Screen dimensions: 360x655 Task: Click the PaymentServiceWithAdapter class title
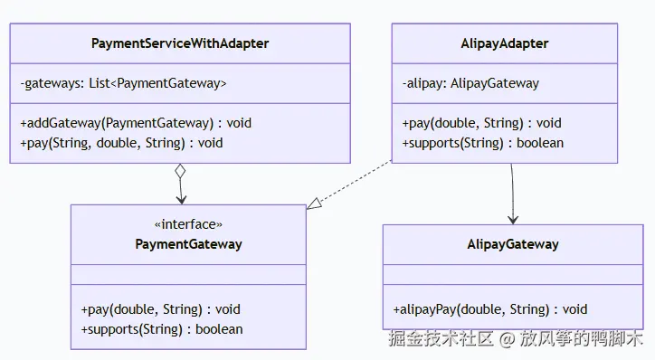tap(180, 43)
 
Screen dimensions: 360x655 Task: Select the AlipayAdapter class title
tap(504, 43)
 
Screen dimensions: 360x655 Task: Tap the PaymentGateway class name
tap(188, 244)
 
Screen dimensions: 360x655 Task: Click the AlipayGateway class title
tap(513, 244)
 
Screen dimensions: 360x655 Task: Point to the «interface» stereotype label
tap(188, 225)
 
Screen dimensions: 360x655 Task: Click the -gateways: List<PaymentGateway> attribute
tap(123, 83)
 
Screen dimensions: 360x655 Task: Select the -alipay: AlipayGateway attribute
tap(470, 83)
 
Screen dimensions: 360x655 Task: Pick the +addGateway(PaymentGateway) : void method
tap(135, 123)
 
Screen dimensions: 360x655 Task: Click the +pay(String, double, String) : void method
tap(120, 142)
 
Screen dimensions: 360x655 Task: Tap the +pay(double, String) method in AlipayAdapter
tap(481, 123)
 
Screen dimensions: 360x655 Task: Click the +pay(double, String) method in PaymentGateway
tap(160, 309)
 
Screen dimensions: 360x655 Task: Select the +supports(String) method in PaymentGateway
tap(161, 328)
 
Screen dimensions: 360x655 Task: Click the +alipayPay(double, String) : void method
tap(489, 309)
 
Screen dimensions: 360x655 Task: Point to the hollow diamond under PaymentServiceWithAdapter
tap(180, 171)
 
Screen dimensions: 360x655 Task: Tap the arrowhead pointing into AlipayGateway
tap(513, 218)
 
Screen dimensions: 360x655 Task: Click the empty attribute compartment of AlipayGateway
tap(513, 276)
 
